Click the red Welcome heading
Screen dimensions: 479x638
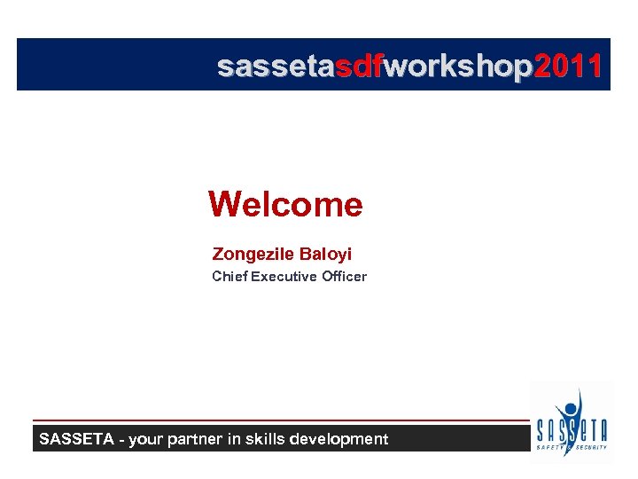coord(285,205)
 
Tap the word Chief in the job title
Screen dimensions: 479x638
coord(230,277)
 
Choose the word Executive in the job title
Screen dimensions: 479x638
coord(284,277)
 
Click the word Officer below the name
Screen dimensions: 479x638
coord(344,277)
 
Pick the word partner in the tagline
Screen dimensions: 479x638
coord(196,439)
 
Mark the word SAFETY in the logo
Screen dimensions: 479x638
coord(550,447)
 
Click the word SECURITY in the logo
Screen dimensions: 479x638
coord(591,447)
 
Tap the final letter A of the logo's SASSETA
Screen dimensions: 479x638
coord(602,431)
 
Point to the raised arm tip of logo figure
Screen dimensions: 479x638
coord(580,390)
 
